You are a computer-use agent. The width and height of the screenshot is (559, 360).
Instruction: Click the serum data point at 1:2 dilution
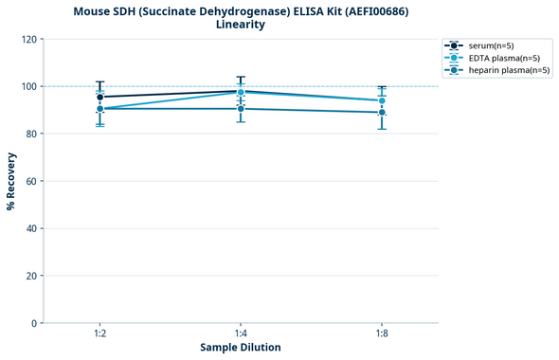pyautogui.click(x=99, y=97)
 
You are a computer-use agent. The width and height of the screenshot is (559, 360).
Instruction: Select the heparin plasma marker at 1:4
pyautogui.click(x=241, y=109)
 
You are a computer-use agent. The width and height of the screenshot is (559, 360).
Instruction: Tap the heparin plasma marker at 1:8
pyautogui.click(x=382, y=113)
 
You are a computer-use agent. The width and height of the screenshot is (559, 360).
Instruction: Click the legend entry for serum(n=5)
pyautogui.click(x=490, y=45)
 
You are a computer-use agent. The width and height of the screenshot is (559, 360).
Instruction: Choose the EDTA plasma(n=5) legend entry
pyautogui.click(x=497, y=58)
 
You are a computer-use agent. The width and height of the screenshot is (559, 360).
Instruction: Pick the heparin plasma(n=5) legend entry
pyautogui.click(x=502, y=70)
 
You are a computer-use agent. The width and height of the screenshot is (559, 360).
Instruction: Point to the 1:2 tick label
pyautogui.click(x=99, y=333)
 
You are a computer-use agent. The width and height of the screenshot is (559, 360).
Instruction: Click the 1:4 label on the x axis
pyautogui.click(x=241, y=333)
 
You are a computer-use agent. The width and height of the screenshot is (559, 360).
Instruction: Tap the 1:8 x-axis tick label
pyautogui.click(x=382, y=333)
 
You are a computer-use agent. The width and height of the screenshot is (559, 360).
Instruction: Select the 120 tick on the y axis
pyautogui.click(x=28, y=39)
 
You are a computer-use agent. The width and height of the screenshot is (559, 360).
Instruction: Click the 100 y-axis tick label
pyautogui.click(x=28, y=86)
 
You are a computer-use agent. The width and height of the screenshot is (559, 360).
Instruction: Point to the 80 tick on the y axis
pyautogui.click(x=31, y=134)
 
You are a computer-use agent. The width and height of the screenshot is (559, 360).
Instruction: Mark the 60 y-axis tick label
pyautogui.click(x=31, y=181)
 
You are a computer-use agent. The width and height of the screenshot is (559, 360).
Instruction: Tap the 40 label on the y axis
pyautogui.click(x=31, y=228)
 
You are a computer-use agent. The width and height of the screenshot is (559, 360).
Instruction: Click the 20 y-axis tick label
pyautogui.click(x=31, y=276)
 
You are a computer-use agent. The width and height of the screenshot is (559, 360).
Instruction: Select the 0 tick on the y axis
pyautogui.click(x=34, y=323)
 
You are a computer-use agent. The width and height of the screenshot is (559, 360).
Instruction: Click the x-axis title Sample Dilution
pyautogui.click(x=241, y=348)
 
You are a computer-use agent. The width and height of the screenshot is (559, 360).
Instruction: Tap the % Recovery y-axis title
pyautogui.click(x=11, y=181)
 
